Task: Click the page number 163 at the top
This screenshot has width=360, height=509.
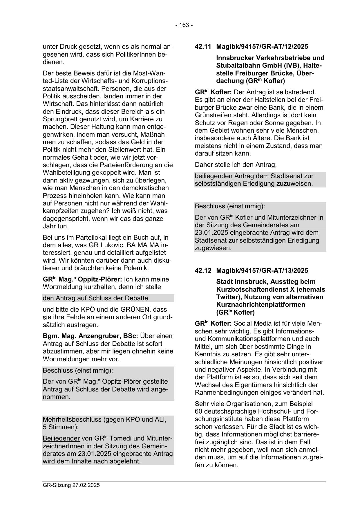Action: tap(184, 25)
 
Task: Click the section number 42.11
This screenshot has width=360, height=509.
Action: tap(203, 46)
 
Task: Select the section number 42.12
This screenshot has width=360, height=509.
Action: tap(203, 270)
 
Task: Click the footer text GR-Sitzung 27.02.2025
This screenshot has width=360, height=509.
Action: tap(71, 485)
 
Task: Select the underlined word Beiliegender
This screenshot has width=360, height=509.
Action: tap(61, 438)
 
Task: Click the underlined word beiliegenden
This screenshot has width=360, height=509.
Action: tap(214, 176)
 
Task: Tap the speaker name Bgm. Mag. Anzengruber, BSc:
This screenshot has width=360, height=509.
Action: tap(90, 336)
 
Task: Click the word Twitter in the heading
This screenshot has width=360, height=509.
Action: tap(228, 297)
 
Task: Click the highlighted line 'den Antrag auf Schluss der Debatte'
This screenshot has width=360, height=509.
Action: tap(95, 298)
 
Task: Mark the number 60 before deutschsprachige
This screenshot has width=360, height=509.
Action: tap(199, 411)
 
